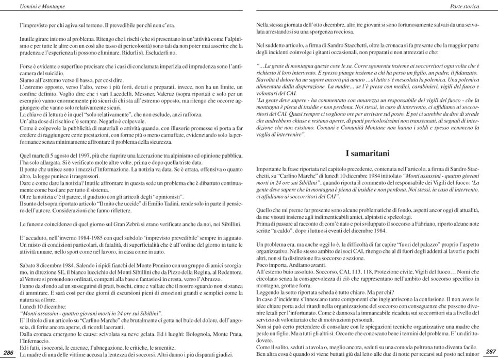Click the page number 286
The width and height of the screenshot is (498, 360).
[x=8, y=352]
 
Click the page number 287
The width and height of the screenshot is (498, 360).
[x=490, y=352]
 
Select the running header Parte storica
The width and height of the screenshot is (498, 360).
[x=464, y=7]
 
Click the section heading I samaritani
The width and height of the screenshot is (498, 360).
[x=367, y=153]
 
